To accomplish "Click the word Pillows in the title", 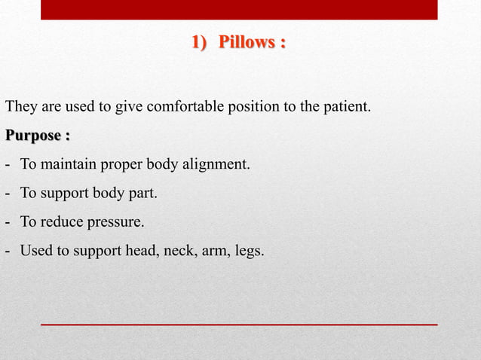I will click(246, 43).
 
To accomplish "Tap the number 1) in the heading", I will click(199, 43).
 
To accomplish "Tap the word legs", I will click(250, 251).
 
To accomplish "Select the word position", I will click(253, 106).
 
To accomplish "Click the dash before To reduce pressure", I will click(7, 222).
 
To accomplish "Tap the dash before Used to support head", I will click(7, 251).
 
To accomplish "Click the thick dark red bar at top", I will click(239, 9).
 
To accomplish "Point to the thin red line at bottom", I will click(239, 324).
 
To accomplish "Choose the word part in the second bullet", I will click(141, 194).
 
